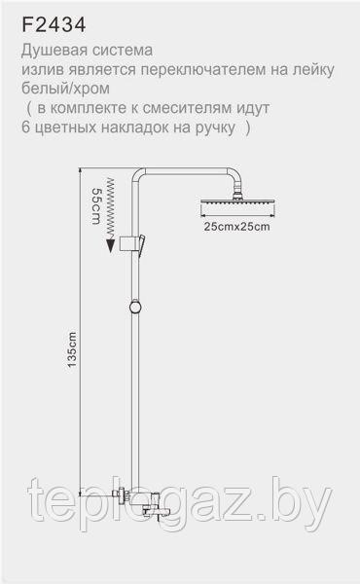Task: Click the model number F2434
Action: pyautogui.click(x=54, y=25)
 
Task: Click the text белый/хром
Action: pyautogui.click(x=65, y=89)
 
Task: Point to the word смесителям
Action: pyautogui.click(x=188, y=108)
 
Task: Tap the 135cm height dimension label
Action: pyautogui.click(x=72, y=349)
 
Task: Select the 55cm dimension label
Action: pyautogui.click(x=96, y=206)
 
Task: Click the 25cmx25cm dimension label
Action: pyautogui.click(x=236, y=227)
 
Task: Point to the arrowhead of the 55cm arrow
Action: pyautogui.click(x=111, y=246)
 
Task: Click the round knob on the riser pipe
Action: pyautogui.click(x=135, y=308)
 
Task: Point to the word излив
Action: pyautogui.click(x=41, y=70)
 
